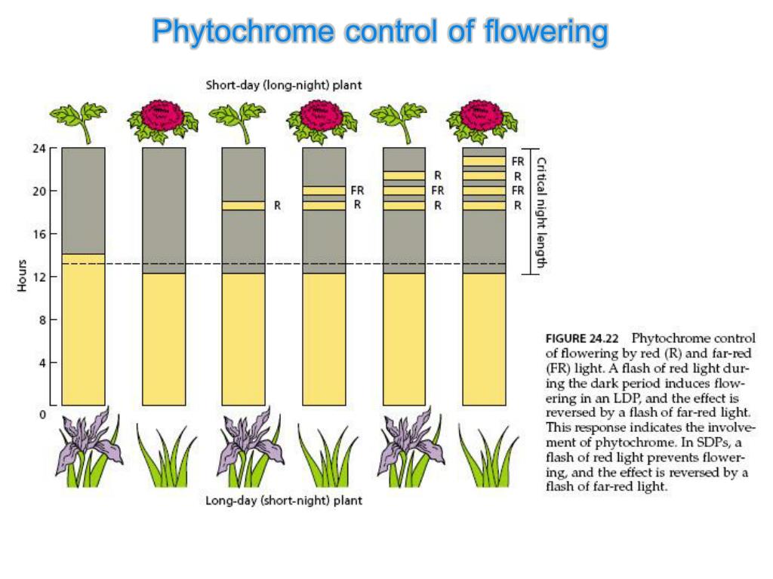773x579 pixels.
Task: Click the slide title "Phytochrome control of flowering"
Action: pyautogui.click(x=380, y=32)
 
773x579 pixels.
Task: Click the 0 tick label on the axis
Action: pyautogui.click(x=42, y=414)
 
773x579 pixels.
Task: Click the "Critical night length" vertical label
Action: pyautogui.click(x=540, y=212)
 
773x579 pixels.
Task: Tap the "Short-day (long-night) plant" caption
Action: pyautogui.click(x=283, y=85)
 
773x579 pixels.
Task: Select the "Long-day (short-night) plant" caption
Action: pyautogui.click(x=283, y=501)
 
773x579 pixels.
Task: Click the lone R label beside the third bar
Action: pyautogui.click(x=277, y=205)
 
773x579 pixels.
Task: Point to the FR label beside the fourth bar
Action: pyautogui.click(x=357, y=191)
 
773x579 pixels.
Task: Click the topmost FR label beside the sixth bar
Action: pyautogui.click(x=518, y=161)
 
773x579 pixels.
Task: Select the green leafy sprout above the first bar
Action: pyautogui.click(x=79, y=118)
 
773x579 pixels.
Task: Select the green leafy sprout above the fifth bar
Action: pyautogui.click(x=399, y=118)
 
